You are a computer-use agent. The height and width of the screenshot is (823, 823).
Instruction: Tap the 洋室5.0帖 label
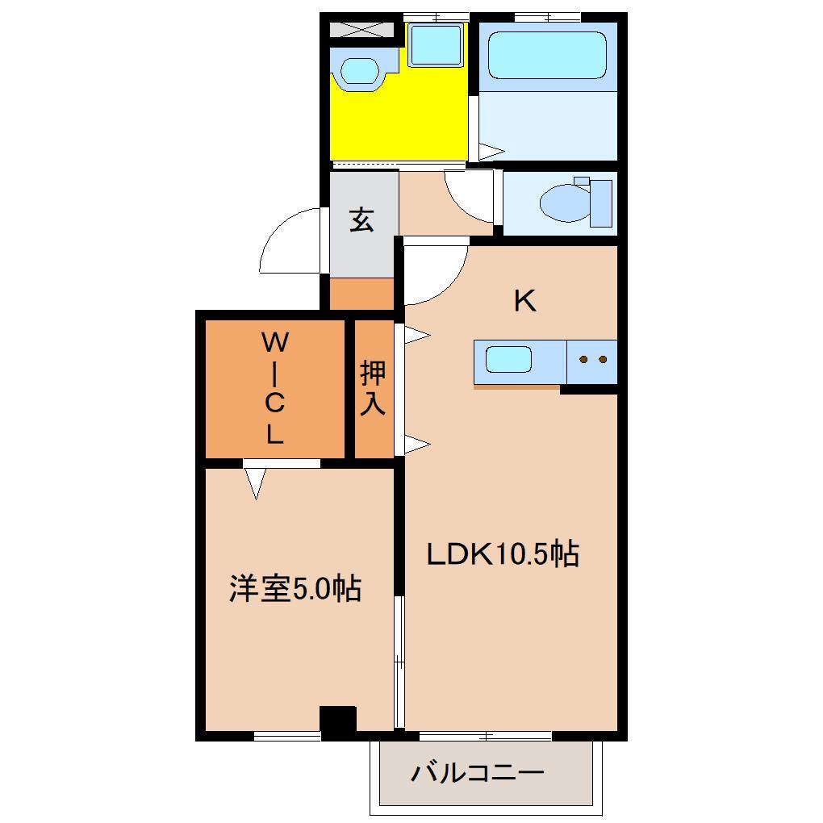pos(295,589)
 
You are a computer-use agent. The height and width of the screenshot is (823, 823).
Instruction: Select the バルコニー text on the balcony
pos(478,773)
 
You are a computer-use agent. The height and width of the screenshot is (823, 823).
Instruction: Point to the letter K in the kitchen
pos(524,301)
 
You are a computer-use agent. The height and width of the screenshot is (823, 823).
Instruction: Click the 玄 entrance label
pos(361,219)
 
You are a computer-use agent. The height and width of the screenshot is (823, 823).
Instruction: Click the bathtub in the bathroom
pos(547,55)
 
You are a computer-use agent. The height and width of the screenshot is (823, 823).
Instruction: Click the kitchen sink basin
pos(508,359)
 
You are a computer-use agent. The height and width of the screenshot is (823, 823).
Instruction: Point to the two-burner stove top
pos(593,359)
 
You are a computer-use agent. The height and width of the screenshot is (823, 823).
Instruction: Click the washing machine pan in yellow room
pos(435,45)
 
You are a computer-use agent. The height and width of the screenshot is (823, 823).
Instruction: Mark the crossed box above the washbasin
pos(361,30)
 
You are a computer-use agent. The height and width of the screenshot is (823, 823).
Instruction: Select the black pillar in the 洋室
pos(337,721)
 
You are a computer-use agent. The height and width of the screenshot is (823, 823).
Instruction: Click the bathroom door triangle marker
pos(491,150)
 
